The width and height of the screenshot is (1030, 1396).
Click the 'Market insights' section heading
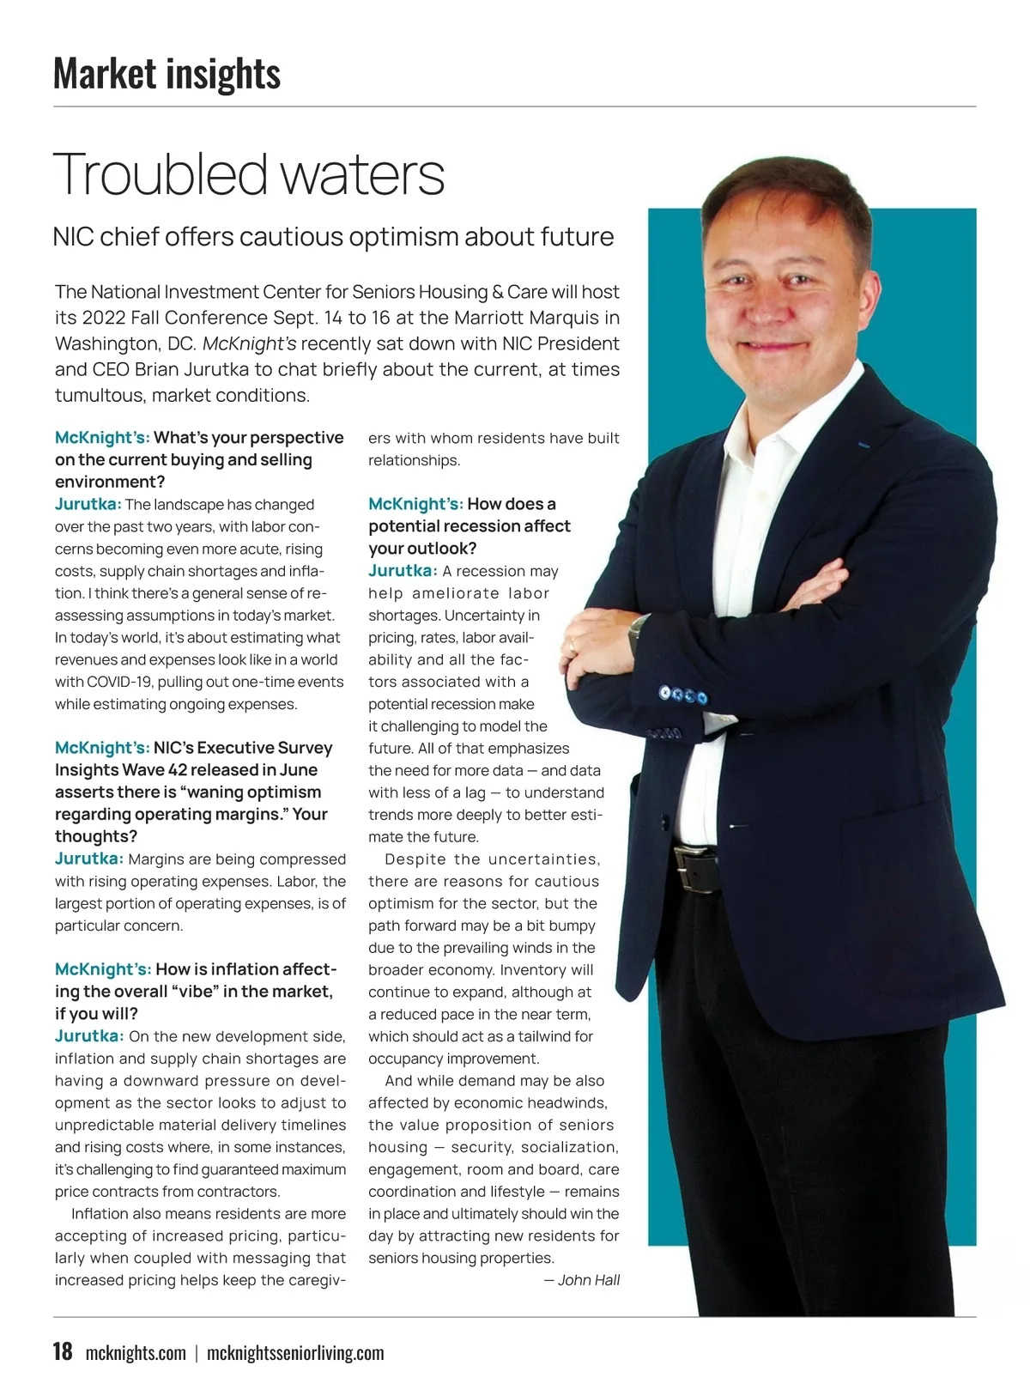click(x=167, y=73)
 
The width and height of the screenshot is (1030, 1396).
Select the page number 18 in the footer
click(x=63, y=1351)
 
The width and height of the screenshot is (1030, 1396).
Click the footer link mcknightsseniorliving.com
click(x=295, y=1353)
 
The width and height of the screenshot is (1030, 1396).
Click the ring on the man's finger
click(x=572, y=644)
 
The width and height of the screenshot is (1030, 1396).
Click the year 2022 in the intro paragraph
click(x=104, y=318)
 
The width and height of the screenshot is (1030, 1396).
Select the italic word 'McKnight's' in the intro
click(x=250, y=343)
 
